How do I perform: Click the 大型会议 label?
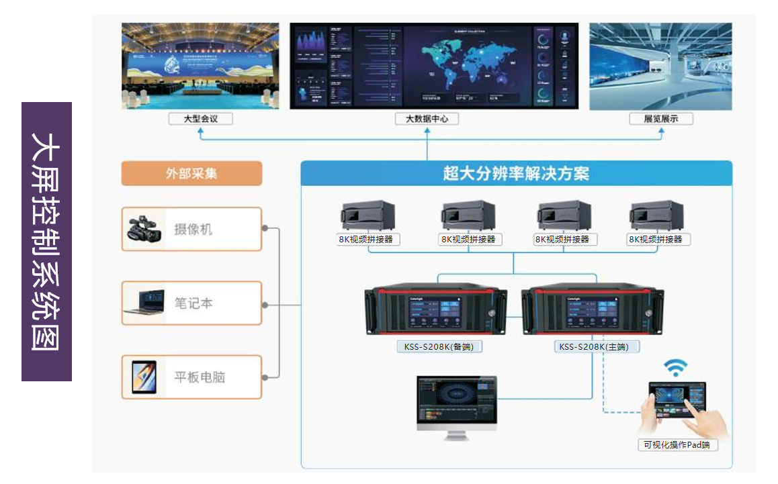[200, 119]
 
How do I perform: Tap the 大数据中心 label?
[427, 119]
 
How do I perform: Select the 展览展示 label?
[660, 119]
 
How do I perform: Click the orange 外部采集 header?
[191, 173]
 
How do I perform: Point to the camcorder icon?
[144, 230]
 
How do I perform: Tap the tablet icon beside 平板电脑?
[144, 377]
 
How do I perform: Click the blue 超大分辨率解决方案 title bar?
[516, 173]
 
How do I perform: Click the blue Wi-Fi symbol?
[675, 367]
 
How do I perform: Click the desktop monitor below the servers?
[457, 405]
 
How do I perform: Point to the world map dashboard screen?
[434, 66]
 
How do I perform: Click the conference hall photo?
[200, 66]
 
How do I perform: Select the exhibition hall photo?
[660, 66]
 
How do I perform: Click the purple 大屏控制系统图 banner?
[46, 242]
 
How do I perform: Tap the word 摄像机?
[193, 230]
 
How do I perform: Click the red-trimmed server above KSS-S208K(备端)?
[436, 310]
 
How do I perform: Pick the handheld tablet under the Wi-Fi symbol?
[677, 402]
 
